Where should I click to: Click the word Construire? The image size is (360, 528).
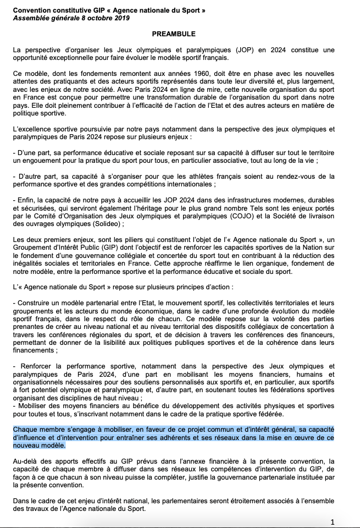pyautogui.click(x=36, y=302)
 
